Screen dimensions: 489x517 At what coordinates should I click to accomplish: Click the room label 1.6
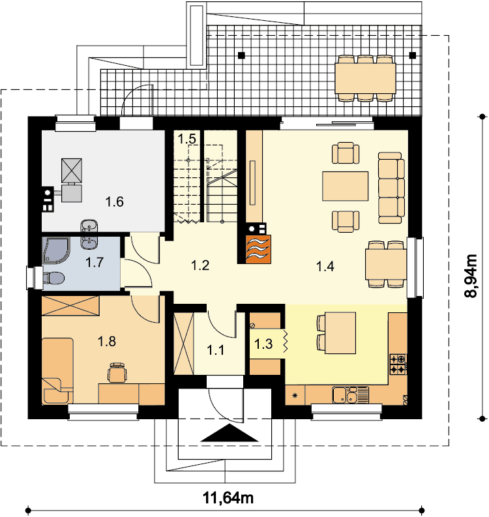(x=114, y=201)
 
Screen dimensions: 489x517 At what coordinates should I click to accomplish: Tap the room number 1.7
(x=95, y=263)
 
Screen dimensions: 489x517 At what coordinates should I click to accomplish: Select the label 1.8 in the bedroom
(x=107, y=341)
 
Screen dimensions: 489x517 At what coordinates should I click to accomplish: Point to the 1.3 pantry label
(x=263, y=344)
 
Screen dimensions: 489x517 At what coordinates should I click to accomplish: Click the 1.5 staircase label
(x=187, y=139)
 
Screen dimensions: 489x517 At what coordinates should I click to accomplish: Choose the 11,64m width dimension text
(x=228, y=497)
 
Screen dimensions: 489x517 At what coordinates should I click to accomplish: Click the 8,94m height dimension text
(x=471, y=276)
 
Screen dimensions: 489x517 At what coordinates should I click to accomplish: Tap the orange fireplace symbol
(x=258, y=249)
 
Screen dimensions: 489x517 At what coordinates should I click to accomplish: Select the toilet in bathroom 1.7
(x=53, y=278)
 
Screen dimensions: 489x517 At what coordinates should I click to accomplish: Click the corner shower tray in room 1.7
(x=55, y=250)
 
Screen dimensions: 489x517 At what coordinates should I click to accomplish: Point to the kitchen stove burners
(x=398, y=364)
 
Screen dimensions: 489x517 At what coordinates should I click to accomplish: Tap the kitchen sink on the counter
(x=350, y=395)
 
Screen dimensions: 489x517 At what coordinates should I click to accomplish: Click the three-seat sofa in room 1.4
(x=391, y=188)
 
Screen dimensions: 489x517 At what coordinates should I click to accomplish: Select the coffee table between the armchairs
(x=346, y=186)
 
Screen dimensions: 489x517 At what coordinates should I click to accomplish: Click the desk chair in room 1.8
(x=117, y=372)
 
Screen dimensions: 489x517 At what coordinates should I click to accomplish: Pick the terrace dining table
(x=365, y=78)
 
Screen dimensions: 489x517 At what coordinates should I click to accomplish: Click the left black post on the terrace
(x=242, y=55)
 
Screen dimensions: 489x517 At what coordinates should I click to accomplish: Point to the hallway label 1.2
(x=200, y=265)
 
